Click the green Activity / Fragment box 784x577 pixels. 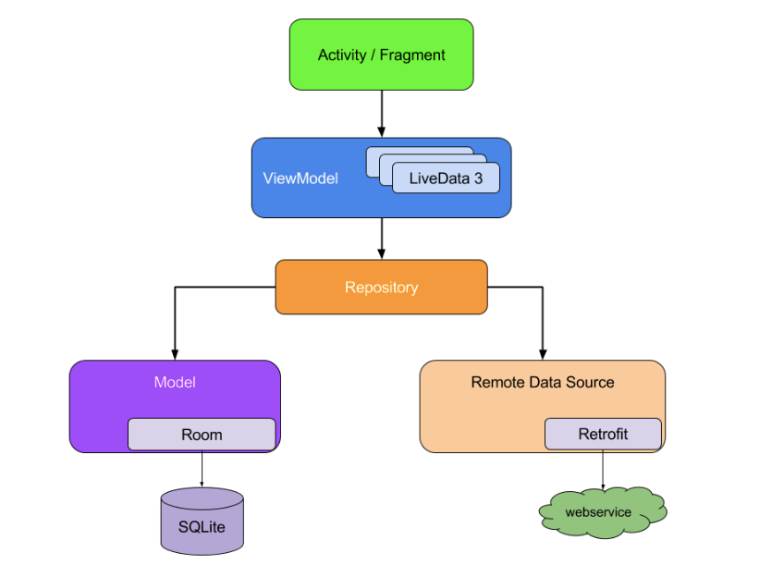tap(381, 55)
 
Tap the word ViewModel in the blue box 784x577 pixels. tap(300, 178)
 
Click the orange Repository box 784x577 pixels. tap(381, 288)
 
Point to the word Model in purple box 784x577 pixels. tap(175, 382)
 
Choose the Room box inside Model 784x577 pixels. tap(202, 435)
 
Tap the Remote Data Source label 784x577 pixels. tap(542, 382)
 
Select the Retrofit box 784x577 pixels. tap(603, 434)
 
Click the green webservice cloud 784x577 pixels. tap(602, 511)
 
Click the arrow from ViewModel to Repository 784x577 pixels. tap(381, 238)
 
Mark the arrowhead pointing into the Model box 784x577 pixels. tap(174, 354)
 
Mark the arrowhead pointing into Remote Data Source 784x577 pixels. tap(542, 354)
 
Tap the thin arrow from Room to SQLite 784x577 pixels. tap(202, 469)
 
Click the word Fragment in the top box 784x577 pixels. tap(411, 55)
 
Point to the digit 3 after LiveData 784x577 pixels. tap(478, 179)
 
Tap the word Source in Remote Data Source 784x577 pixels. tap(591, 382)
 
